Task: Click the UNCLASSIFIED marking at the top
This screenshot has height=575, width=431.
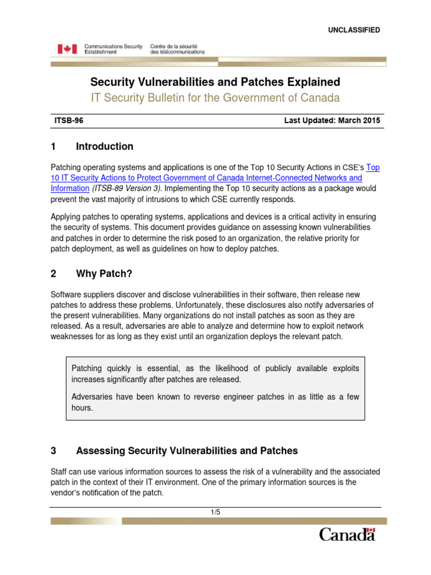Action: tap(354, 30)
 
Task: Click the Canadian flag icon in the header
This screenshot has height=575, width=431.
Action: tap(67, 49)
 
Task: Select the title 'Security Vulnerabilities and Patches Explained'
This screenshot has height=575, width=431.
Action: tap(215, 82)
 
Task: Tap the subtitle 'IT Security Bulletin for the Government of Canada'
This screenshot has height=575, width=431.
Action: tap(215, 98)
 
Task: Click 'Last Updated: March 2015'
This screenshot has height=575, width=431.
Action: tap(332, 120)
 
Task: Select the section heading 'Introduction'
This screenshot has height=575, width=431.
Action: tap(104, 147)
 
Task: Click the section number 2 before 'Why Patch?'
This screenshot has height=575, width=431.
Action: tap(53, 274)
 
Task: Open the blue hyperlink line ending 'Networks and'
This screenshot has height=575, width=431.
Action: tap(207, 178)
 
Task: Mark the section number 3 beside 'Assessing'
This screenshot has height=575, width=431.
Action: tap(53, 450)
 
